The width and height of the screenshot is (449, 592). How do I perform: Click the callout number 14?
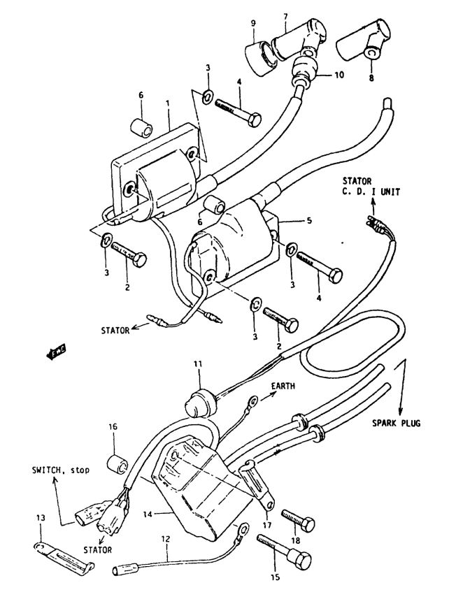pyautogui.click(x=148, y=514)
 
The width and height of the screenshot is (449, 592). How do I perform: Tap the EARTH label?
pyautogui.click(x=283, y=386)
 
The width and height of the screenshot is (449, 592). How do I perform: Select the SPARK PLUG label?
pyautogui.click(x=396, y=423)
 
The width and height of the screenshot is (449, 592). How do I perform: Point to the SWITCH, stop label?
pyautogui.click(x=60, y=470)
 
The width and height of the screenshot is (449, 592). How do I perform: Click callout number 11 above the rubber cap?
pyautogui.click(x=198, y=364)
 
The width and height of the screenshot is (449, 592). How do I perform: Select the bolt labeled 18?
pyautogui.click(x=298, y=520)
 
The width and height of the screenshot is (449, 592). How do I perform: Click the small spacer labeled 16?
pyautogui.click(x=117, y=464)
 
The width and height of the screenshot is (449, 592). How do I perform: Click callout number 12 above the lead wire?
pyautogui.click(x=166, y=539)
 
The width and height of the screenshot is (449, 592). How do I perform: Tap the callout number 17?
pyautogui.click(x=267, y=525)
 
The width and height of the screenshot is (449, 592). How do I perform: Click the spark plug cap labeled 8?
pyautogui.click(x=363, y=44)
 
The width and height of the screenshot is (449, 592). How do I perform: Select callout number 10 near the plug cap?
pyautogui.click(x=339, y=75)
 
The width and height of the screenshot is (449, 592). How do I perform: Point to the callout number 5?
pyautogui.click(x=309, y=220)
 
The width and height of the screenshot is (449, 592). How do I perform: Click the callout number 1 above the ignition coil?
pyautogui.click(x=168, y=102)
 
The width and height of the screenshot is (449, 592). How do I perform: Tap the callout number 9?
pyautogui.click(x=253, y=23)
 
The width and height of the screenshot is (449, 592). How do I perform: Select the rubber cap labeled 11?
pyautogui.click(x=200, y=404)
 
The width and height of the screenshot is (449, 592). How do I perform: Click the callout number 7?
pyautogui.click(x=285, y=17)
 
